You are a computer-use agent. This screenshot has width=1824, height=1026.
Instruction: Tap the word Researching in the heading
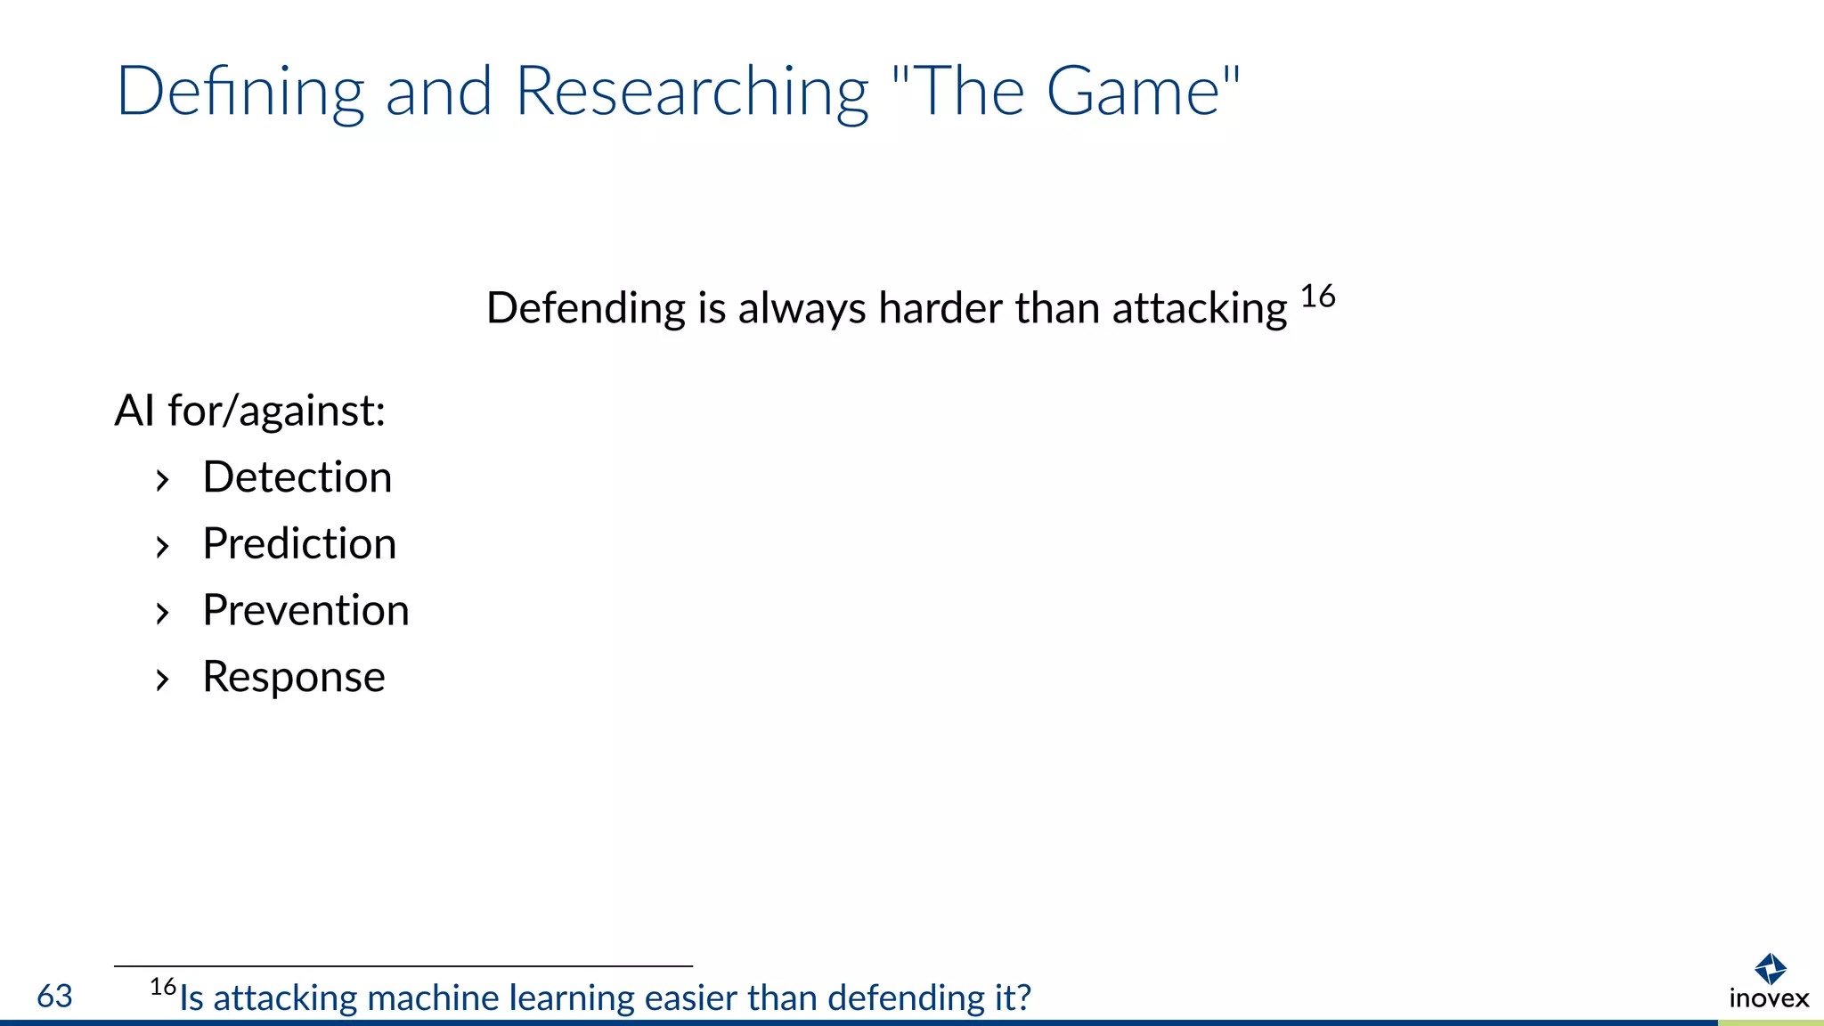tap(691, 92)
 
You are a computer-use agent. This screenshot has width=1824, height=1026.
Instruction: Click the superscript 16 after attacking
tap(1317, 297)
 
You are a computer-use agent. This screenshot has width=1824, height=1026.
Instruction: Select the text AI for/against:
tap(250, 411)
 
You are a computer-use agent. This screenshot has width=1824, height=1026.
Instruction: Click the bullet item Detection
tap(297, 477)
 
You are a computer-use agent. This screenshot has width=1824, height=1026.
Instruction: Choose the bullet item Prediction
tap(299, 544)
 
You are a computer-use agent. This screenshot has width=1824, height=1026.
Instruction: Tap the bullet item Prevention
tap(305, 611)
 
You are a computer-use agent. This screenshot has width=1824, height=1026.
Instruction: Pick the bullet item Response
tap(294, 678)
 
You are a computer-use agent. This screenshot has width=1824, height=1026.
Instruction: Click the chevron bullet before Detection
tap(162, 481)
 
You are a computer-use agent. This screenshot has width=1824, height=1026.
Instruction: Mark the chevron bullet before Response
tap(162, 680)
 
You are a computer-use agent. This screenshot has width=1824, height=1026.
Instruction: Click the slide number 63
tap(54, 997)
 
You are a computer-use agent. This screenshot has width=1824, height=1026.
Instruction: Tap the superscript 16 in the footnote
tap(163, 987)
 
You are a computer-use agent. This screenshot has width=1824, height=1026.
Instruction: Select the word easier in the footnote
tap(691, 998)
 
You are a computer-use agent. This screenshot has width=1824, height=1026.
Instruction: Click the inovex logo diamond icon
tap(1770, 968)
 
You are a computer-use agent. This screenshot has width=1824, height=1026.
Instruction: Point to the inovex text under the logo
tap(1769, 998)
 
